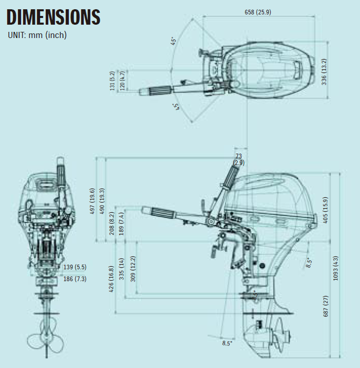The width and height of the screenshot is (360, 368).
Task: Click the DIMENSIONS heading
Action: pyautogui.click(x=53, y=17)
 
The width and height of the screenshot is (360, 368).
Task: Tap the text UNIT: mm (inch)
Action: pyautogui.click(x=37, y=35)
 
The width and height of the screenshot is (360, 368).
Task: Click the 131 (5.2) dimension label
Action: pyautogui.click(x=112, y=81)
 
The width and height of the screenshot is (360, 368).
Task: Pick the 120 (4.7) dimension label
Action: pyautogui.click(x=122, y=80)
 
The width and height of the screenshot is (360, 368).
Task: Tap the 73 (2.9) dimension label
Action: pyautogui.click(x=238, y=159)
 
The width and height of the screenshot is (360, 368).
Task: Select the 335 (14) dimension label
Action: pyautogui.click(x=122, y=268)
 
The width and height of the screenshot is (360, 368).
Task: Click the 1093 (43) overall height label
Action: pyautogui.click(x=336, y=268)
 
